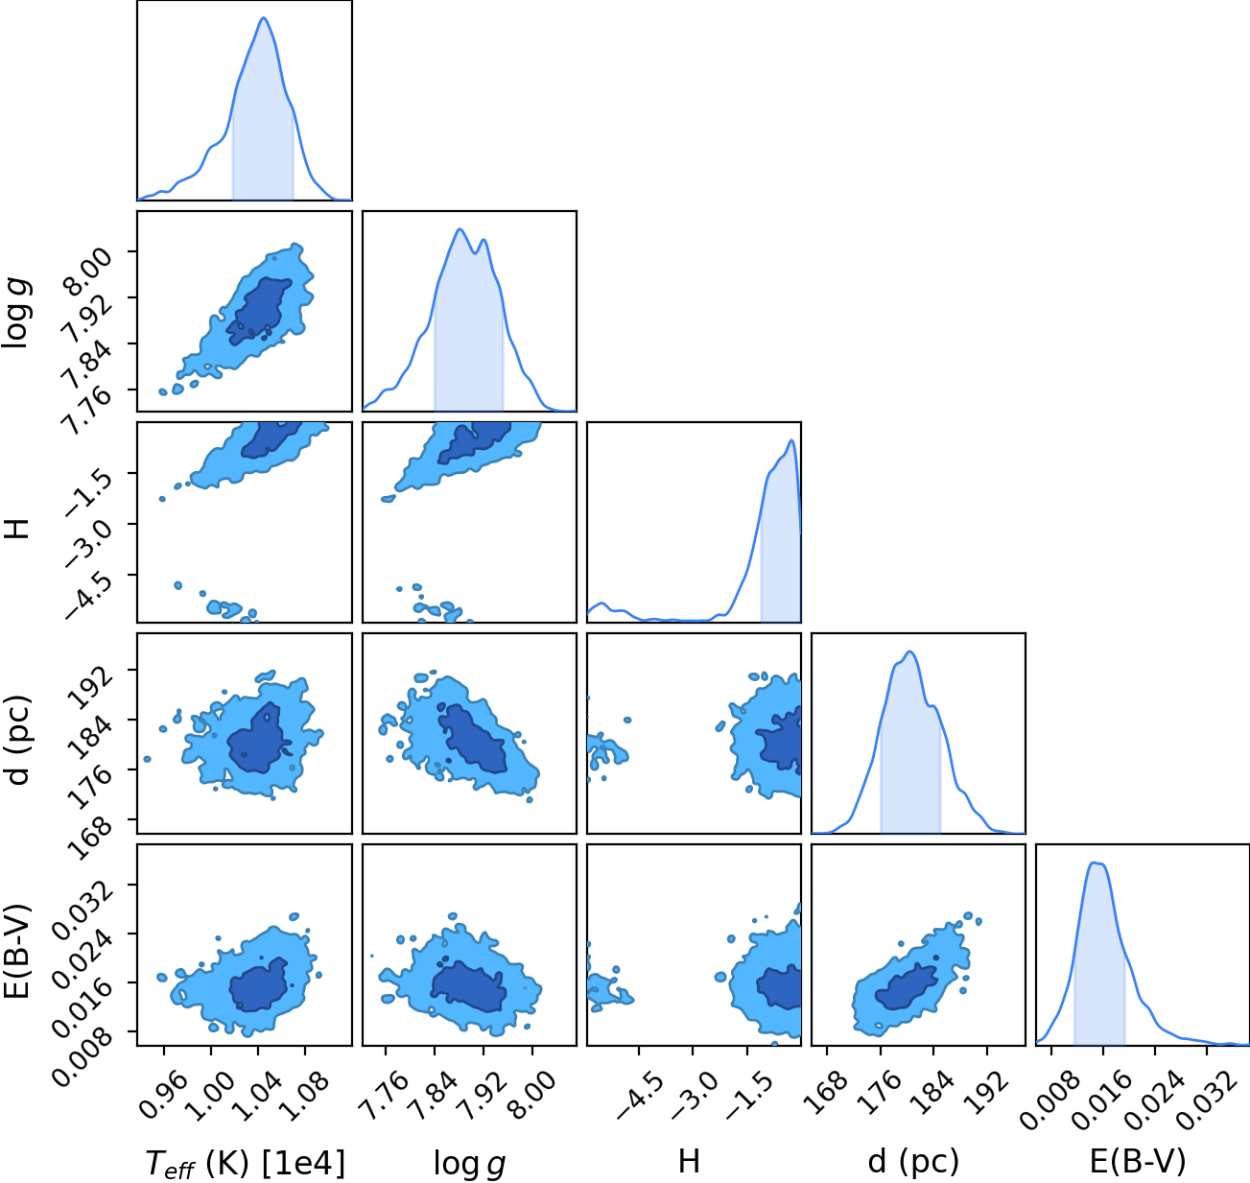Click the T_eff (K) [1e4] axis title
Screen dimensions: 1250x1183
click(x=246, y=1162)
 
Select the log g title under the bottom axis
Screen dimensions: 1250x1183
click(x=469, y=1163)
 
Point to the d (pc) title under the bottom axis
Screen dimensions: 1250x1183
click(x=913, y=1161)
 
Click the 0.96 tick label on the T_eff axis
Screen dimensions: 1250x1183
click(x=164, y=1096)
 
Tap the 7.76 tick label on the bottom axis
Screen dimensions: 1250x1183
click(x=385, y=1096)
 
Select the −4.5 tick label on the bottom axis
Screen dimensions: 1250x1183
click(x=640, y=1097)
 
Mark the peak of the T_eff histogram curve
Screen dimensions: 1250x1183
click(x=263, y=17)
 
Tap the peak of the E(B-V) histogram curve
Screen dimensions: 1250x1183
click(x=1097, y=863)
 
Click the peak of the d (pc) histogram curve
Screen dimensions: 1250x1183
click(x=910, y=651)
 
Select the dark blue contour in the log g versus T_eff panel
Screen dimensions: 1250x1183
click(x=257, y=312)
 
